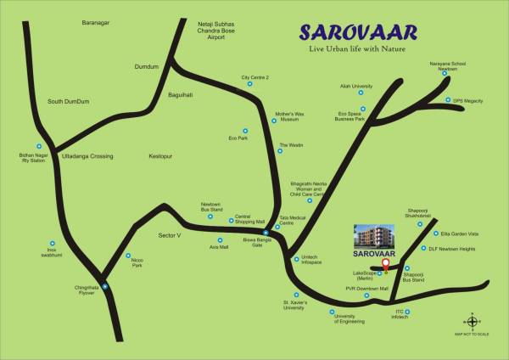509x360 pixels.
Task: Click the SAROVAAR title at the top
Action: coord(357,33)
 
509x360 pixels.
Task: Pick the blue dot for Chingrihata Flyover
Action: coord(105,286)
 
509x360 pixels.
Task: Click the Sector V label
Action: coord(171,234)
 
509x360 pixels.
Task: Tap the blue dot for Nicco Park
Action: coord(129,256)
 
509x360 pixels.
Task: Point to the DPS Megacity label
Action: coord(467,101)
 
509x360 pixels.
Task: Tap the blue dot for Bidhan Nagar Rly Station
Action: coord(38,146)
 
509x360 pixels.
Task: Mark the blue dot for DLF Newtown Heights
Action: coord(422,249)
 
